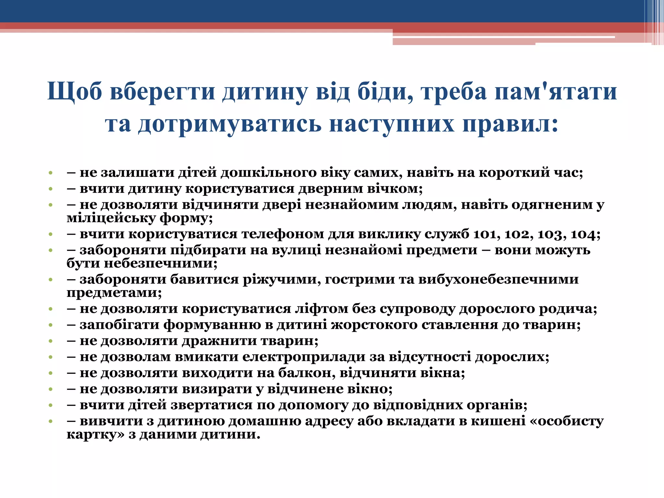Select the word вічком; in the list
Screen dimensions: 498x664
(x=395, y=189)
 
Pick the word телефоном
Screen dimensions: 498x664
(x=281, y=234)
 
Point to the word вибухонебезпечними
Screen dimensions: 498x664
(x=498, y=279)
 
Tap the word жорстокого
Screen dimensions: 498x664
(x=374, y=325)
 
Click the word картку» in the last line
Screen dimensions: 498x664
(x=96, y=434)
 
